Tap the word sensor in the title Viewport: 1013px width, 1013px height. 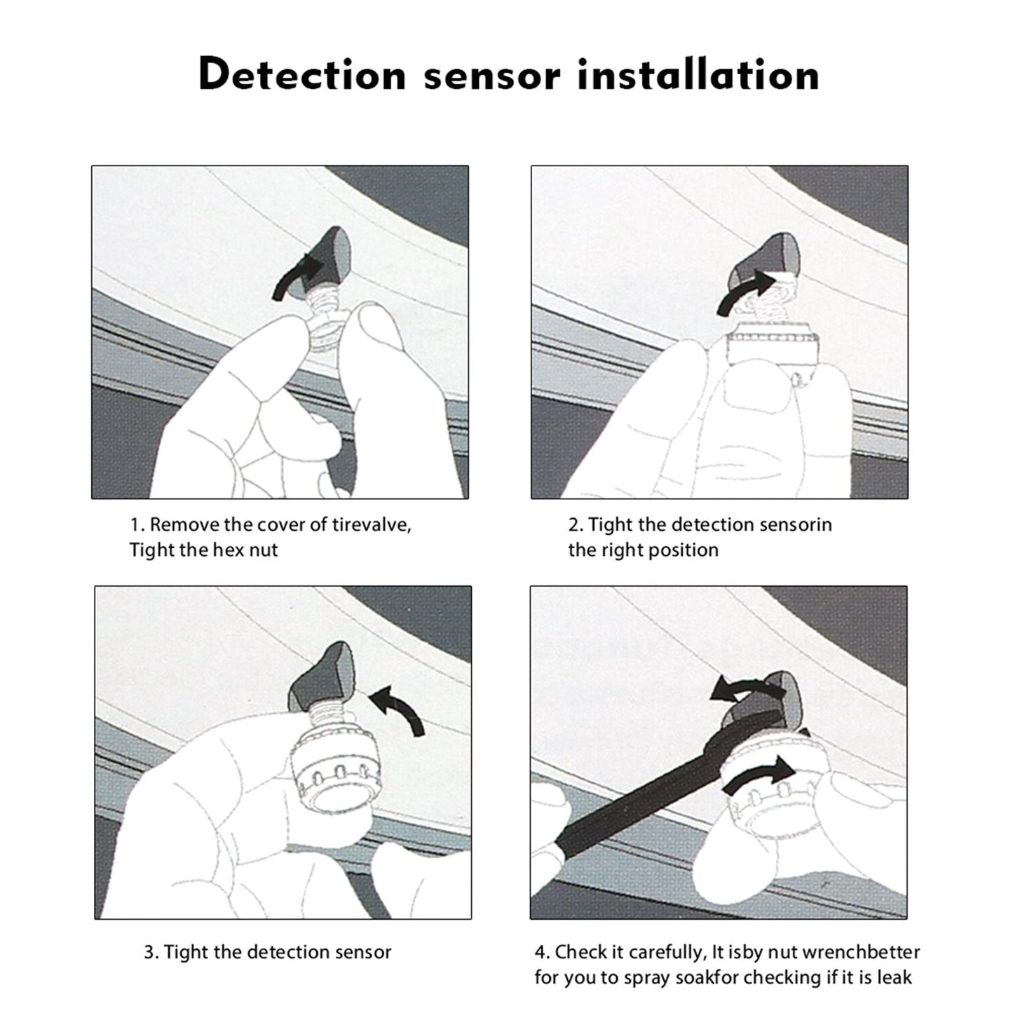pos(491,76)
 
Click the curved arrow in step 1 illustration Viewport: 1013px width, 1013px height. pos(295,277)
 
